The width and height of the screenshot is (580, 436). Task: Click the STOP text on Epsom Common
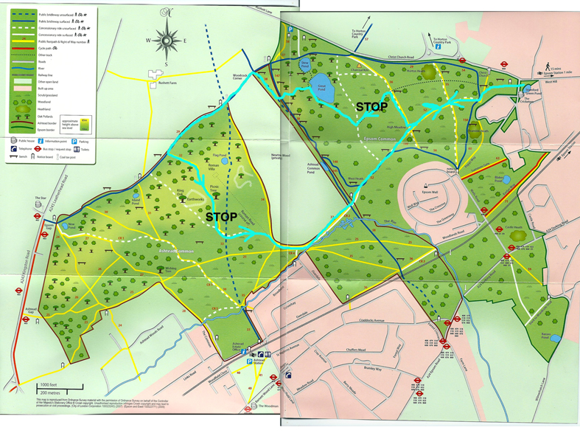click(371, 107)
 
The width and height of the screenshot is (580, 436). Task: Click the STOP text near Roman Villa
click(220, 218)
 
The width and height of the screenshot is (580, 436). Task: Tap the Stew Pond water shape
click(302, 71)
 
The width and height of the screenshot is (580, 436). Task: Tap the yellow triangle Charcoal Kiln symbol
click(360, 66)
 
